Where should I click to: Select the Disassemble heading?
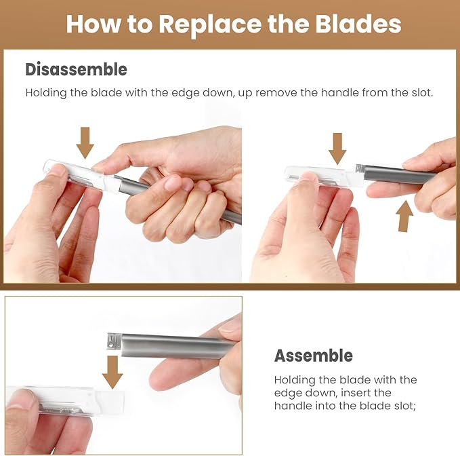pos(76,69)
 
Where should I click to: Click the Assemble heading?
pos(313,356)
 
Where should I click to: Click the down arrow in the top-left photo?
pos(85,142)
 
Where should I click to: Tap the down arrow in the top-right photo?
pos(337,148)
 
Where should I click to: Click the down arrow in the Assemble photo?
pos(112,372)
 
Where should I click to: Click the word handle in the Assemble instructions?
pos(291,406)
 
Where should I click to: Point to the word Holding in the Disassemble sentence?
pos(45,92)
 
